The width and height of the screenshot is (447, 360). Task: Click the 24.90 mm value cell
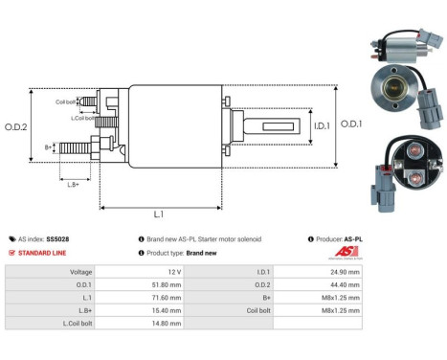click(345, 271)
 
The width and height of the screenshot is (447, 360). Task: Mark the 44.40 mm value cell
click(345, 283)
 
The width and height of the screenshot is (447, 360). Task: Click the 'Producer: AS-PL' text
click(335, 238)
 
